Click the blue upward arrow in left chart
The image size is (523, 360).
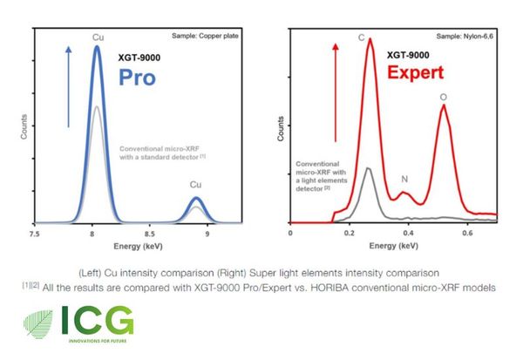68,87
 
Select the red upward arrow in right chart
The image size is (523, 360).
336,92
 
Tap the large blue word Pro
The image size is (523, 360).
137,78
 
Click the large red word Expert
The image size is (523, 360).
416,72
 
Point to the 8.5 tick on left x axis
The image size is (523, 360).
150,234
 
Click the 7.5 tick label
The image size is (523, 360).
34,234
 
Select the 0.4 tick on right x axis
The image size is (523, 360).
408,233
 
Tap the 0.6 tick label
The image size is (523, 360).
467,233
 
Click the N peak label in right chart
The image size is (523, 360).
404,180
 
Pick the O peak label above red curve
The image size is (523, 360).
444,97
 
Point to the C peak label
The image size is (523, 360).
361,37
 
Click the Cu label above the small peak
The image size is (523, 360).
195,185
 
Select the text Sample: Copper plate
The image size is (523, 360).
205,36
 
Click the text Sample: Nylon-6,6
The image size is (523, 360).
465,36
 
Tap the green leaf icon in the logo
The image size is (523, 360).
38,324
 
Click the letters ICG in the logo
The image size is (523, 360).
98,320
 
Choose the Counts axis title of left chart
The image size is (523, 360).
24,126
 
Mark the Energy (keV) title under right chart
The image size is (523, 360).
394,246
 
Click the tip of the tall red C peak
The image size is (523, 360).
370,39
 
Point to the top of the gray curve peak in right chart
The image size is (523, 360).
368,168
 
